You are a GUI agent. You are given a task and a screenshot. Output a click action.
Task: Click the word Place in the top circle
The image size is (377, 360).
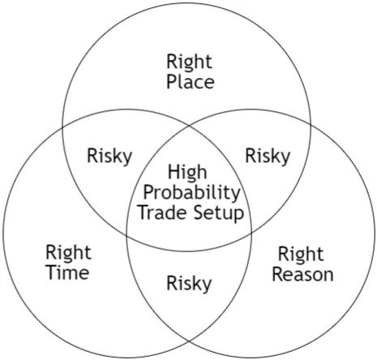[191, 82]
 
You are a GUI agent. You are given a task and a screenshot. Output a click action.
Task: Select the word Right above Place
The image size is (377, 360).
[189, 62]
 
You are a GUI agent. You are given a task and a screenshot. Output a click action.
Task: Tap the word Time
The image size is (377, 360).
[68, 272]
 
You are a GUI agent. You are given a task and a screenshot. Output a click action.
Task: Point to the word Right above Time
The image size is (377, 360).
[68, 253]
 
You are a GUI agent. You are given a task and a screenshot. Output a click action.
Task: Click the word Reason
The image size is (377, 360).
[302, 274]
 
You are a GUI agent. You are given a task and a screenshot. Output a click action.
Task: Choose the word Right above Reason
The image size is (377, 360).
[301, 255]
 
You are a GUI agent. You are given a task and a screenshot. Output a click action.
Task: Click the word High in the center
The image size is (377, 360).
[187, 173]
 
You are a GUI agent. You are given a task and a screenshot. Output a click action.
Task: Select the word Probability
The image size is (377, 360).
[191, 193]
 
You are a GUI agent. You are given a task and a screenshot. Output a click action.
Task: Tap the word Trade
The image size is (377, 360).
[163, 212]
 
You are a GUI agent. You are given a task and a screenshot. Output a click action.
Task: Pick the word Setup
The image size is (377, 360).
[219, 213]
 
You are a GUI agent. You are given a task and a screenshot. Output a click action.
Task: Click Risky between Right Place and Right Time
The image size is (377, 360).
[109, 156]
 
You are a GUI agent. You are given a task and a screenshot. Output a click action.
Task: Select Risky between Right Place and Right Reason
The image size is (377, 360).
[268, 156]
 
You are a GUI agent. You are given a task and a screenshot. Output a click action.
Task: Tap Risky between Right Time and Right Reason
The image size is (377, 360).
[189, 284]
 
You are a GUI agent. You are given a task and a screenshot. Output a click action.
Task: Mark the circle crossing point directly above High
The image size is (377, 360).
[189, 126]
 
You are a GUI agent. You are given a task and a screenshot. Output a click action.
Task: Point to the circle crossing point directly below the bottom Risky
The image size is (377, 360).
[189, 341]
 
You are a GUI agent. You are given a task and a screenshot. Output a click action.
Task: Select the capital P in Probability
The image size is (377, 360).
[148, 192]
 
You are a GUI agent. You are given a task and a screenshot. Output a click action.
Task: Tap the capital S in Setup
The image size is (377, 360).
[199, 212]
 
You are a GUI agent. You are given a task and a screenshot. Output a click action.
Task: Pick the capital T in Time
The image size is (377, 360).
[52, 272]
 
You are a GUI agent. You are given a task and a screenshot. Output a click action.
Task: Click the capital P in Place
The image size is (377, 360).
[171, 82]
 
